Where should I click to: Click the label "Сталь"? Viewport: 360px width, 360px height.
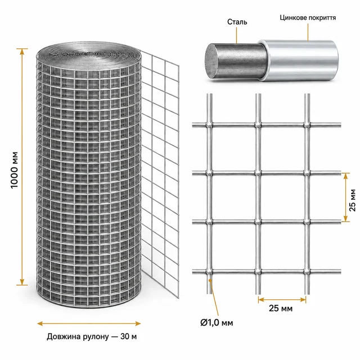coord(237,22)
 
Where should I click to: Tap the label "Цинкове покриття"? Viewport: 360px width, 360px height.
coord(308,17)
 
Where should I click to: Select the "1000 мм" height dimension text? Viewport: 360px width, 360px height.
coord(14,170)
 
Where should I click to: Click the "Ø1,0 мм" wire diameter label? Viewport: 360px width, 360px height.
coord(217,322)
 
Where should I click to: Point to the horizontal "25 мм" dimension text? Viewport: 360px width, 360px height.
coord(281,308)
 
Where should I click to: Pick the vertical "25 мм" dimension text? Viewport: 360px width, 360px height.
coord(352,200)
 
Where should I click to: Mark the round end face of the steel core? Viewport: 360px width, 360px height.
coord(213,61)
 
